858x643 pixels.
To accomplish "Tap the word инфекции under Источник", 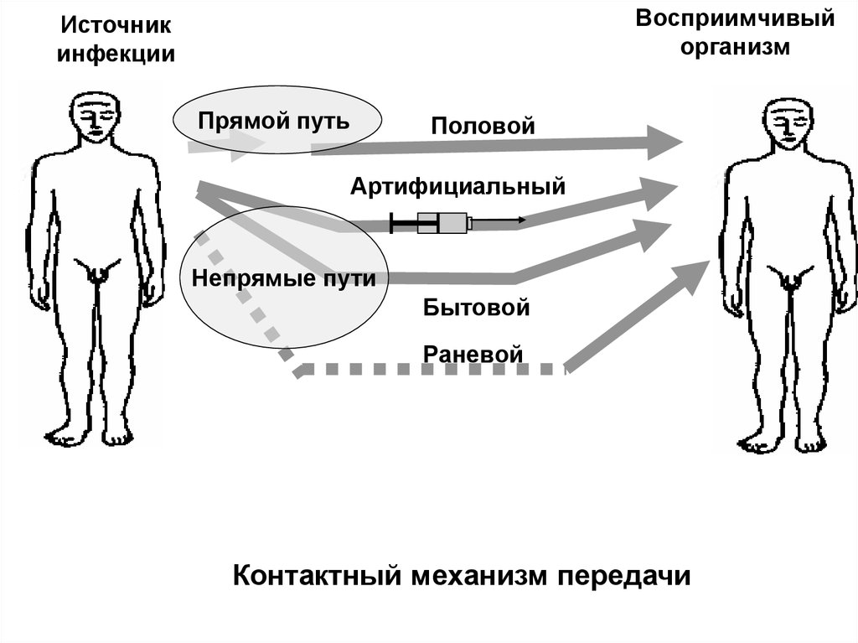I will [116, 55].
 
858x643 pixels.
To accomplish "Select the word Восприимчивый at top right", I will [734, 19].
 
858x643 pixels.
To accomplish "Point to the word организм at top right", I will [735, 47].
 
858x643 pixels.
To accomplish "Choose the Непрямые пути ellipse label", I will [283, 278].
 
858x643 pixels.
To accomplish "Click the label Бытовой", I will [477, 307].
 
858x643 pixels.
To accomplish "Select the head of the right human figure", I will [786, 124].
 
